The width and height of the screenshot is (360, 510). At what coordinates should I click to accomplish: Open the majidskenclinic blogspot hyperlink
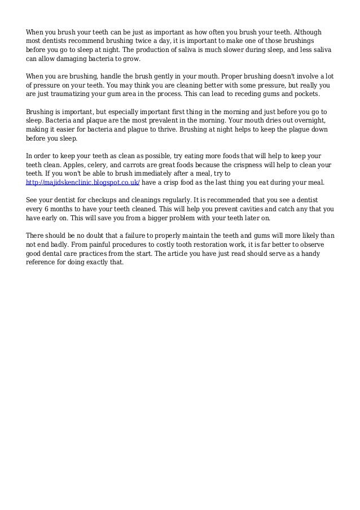point(83,184)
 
